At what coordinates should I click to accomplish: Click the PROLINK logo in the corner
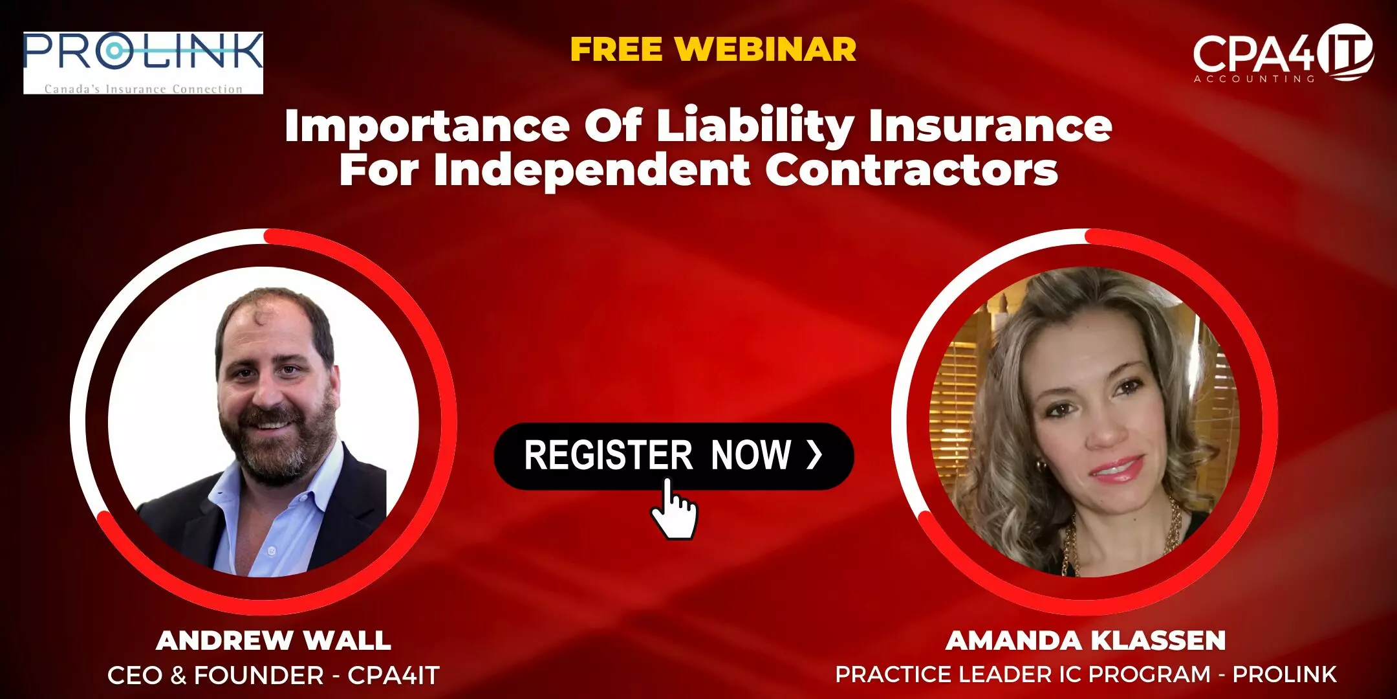144,63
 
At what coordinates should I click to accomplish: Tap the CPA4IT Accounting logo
1283,54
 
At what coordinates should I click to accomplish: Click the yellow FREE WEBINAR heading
713,50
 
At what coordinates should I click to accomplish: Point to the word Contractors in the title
912,170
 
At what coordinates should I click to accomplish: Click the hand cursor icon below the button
673,509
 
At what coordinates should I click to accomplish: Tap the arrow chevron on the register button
814,455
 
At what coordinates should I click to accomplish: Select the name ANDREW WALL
274,640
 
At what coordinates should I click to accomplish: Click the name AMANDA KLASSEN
1086,640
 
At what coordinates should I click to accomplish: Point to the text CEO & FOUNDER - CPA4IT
274,675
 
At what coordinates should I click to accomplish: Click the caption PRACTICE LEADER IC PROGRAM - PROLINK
1086,674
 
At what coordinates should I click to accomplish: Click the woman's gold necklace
1122,537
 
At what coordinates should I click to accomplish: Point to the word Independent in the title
592,170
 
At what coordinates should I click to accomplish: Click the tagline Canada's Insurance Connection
144,89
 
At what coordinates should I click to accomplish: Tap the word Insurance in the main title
991,126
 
